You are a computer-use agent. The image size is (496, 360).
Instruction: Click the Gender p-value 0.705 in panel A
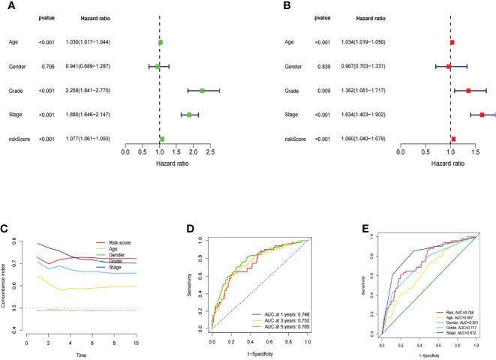coord(47,67)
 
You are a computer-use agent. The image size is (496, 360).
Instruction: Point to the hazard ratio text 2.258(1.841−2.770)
coord(87,91)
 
